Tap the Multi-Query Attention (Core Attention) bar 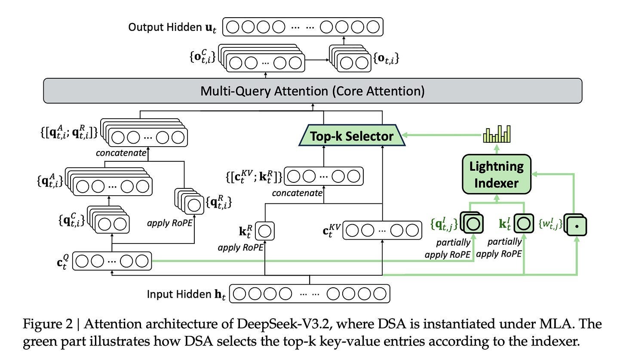click(x=313, y=91)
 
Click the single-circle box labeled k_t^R click(x=265, y=231)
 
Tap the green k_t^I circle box click(x=522, y=223)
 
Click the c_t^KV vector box click(x=382, y=230)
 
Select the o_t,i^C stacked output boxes click(x=263, y=59)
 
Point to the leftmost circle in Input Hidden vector click(x=241, y=294)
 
